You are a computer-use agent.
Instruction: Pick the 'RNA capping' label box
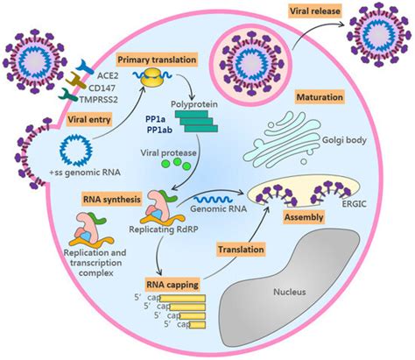click(x=168, y=282)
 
